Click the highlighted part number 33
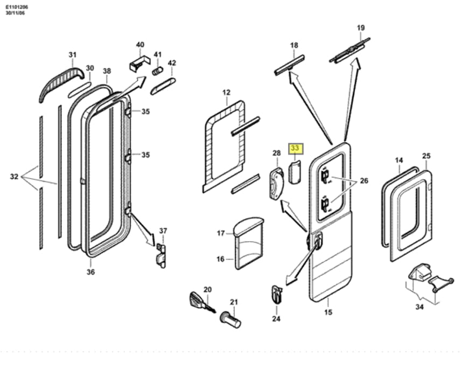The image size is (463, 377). tap(295, 148)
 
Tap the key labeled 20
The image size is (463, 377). tap(202, 303)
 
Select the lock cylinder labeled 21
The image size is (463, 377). tap(230, 320)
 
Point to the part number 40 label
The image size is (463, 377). tap(140, 45)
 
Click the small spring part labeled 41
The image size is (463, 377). tap(157, 71)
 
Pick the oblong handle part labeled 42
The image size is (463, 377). tap(163, 86)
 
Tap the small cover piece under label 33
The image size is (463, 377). tap(294, 172)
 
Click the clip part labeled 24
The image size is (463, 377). tap(277, 294)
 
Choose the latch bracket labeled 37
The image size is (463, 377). tap(161, 256)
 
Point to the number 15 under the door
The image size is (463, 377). tap(328, 312)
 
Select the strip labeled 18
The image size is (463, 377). tap(290, 65)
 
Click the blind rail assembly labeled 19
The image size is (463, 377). tap(349, 50)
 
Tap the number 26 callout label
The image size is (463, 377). tap(364, 180)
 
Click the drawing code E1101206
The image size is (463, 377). tap(17, 7)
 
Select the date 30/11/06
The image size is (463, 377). tap(15, 13)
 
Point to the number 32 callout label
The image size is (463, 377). tap(14, 177)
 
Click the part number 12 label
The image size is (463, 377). tap(226, 93)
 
